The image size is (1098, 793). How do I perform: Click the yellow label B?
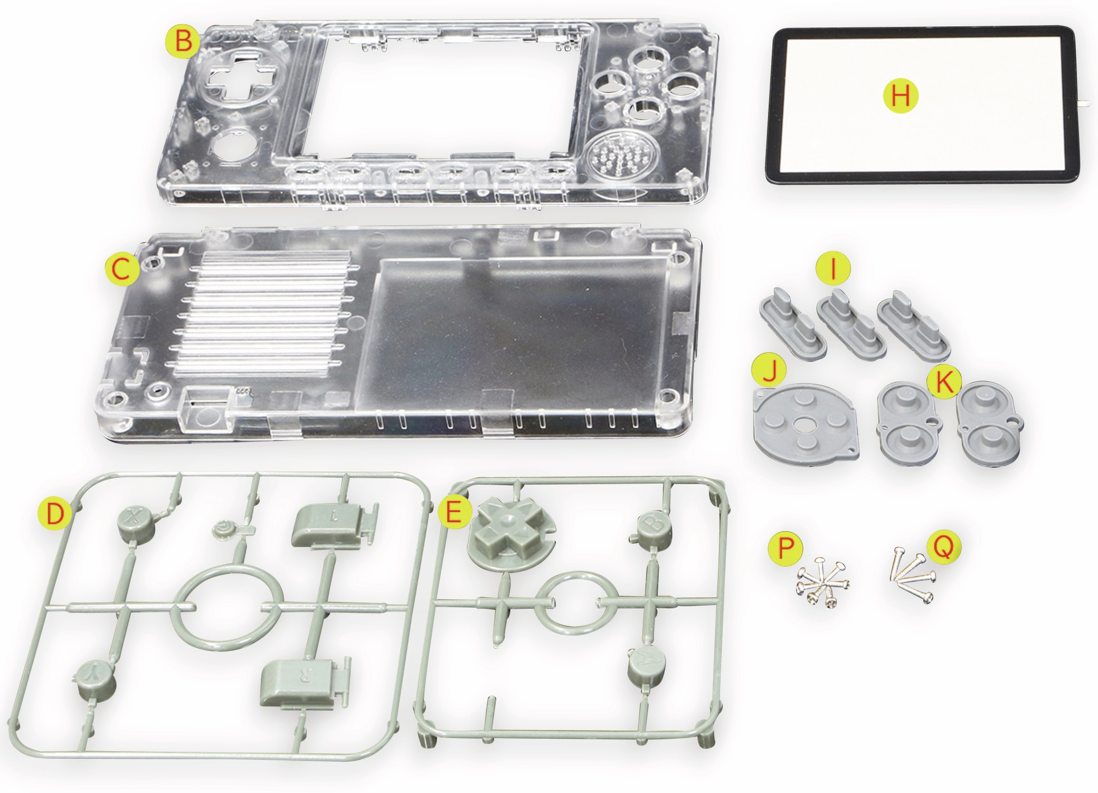(x=183, y=41)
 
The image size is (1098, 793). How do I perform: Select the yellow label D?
(x=55, y=514)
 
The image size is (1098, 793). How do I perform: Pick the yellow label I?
(x=834, y=270)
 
